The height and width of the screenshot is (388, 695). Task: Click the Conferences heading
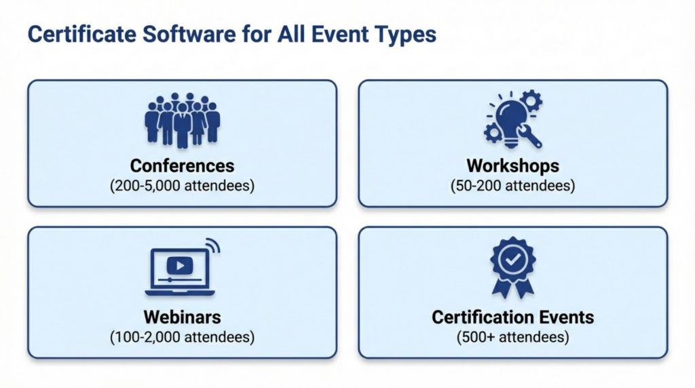point(182,166)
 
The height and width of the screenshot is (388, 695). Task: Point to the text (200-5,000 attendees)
point(182,185)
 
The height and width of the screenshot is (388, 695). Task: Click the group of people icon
point(182,120)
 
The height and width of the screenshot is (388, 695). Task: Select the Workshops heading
point(512,166)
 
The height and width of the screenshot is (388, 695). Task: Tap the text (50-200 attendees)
point(512,185)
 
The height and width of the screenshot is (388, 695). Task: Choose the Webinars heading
point(182,317)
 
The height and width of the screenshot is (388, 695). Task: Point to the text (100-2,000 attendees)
point(182,336)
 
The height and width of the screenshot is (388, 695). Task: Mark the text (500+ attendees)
point(512,336)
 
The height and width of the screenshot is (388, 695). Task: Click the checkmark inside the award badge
point(512,258)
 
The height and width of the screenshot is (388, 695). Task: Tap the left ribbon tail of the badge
point(501,289)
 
